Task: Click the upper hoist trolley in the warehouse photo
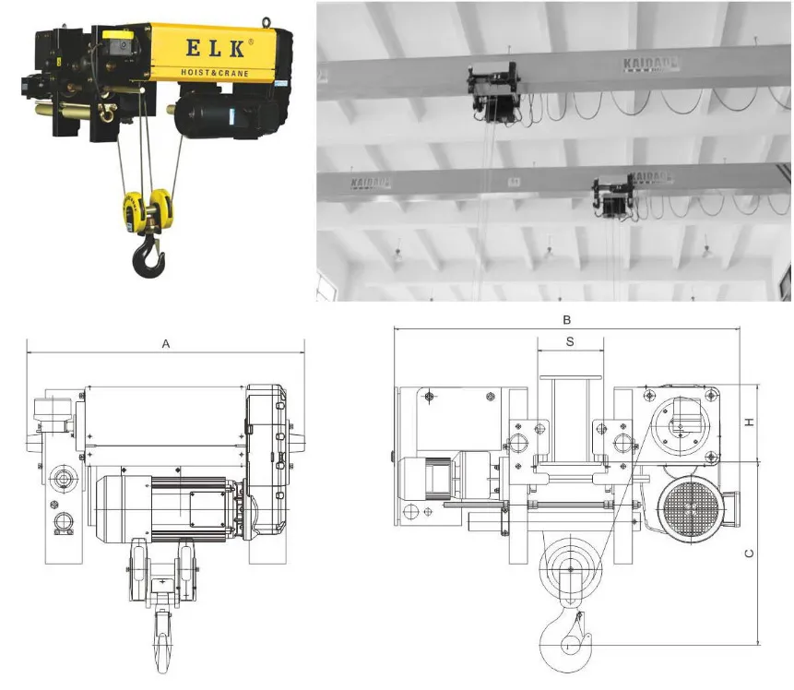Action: pyautogui.click(x=493, y=89)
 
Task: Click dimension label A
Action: pyautogui.click(x=166, y=343)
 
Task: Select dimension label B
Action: pyautogui.click(x=568, y=320)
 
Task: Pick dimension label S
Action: pyautogui.click(x=570, y=341)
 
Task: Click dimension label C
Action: pyautogui.click(x=750, y=553)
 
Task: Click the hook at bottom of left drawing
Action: pyautogui.click(x=163, y=642)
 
